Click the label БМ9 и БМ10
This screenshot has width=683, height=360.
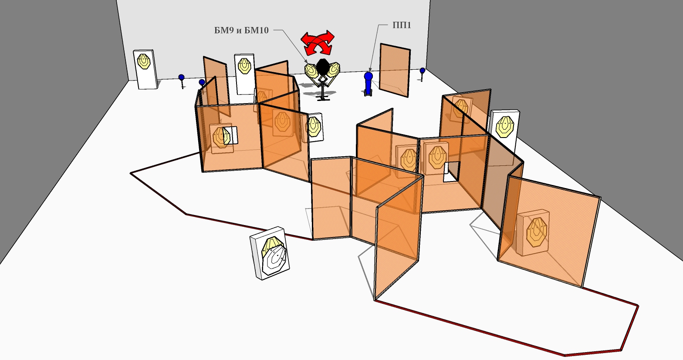241,30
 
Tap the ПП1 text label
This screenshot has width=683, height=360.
401,25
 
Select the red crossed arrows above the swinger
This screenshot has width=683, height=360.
318,42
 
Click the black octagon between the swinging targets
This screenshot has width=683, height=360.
323,67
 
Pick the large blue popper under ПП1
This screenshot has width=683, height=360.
369,83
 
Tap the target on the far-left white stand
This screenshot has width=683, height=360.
144,61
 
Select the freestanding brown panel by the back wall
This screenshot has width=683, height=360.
394,70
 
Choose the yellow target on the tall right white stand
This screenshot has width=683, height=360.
505,125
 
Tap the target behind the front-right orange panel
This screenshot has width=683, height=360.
536,231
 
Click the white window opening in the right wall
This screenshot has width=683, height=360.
451,171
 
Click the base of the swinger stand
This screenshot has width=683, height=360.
323,98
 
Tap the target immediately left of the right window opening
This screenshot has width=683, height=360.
436,157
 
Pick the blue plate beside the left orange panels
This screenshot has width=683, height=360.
202,82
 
